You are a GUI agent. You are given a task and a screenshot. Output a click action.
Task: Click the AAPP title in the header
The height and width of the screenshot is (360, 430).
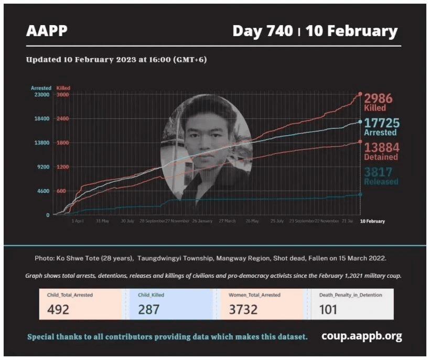47,31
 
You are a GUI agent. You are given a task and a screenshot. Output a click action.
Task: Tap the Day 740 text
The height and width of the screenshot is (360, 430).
262,31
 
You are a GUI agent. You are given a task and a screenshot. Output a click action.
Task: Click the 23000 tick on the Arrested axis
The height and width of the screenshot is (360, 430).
42,95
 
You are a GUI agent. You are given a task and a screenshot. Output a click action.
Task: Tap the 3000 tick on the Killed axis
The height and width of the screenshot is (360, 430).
62,95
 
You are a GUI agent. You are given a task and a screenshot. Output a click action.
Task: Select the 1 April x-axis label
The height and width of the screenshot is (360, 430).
77,221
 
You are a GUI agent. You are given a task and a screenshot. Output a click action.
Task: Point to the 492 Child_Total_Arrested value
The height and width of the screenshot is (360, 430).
58,309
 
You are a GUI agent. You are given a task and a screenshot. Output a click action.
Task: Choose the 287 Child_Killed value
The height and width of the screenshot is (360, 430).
149,309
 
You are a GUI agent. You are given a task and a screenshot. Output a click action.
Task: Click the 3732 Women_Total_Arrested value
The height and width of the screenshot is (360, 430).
243,309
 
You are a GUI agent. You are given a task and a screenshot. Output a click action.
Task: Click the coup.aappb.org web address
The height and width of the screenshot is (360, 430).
361,336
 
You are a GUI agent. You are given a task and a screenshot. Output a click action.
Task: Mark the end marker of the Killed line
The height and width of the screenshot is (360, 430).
360,94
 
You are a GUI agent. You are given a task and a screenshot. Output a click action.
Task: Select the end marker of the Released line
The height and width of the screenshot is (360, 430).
360,194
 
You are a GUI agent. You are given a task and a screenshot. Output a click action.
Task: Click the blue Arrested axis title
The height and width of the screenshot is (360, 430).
41,88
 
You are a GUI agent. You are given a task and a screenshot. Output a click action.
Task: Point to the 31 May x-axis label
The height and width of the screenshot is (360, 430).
102,221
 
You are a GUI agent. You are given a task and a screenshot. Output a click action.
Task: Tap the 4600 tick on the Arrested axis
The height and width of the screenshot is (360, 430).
44,191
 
